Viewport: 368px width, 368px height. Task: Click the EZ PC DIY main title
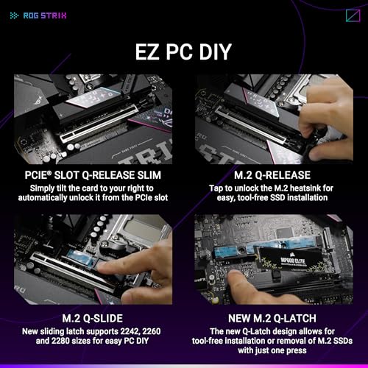click(184, 52)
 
